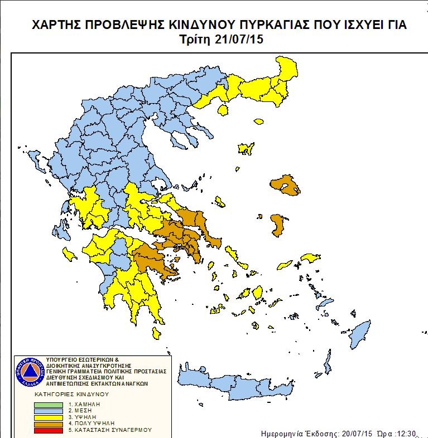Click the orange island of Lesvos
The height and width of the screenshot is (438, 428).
(x=284, y=186)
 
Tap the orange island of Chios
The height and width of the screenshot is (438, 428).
(x=276, y=225)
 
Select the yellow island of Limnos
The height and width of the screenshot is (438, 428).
(x=246, y=149)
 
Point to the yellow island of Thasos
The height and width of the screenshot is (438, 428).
(x=223, y=110)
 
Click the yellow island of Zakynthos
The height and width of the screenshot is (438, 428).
(x=70, y=255)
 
